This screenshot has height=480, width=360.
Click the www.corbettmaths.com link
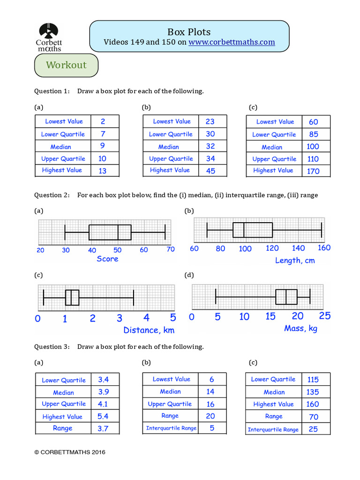pyautogui.click(x=232, y=42)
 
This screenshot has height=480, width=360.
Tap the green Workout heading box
pyautogui.click(x=66, y=65)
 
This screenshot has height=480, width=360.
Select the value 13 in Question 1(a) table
pyautogui.click(x=102, y=171)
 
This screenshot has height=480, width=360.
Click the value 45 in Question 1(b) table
pyautogui.click(x=210, y=171)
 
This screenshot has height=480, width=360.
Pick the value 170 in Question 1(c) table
pyautogui.click(x=313, y=171)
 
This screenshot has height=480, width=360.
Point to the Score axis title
pyautogui.click(x=107, y=259)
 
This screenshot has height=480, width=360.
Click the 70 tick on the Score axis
pyautogui.click(x=170, y=249)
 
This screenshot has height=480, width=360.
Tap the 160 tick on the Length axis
pyautogui.click(x=323, y=248)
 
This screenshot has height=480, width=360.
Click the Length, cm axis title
pyautogui.click(x=295, y=260)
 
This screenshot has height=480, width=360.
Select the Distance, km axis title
pyautogui.click(x=149, y=330)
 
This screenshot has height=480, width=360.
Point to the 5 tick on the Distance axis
pyautogui.click(x=172, y=318)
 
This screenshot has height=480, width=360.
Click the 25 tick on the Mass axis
pyautogui.click(x=324, y=316)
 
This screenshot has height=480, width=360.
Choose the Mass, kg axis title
pyautogui.click(x=300, y=329)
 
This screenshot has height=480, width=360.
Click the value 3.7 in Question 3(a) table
pyautogui.click(x=103, y=428)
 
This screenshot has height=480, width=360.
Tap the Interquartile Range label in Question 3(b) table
pyautogui.click(x=171, y=428)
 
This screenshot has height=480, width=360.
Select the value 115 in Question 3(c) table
pyautogui.click(x=313, y=379)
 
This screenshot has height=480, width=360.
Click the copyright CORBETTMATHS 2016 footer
pyautogui.click(x=70, y=452)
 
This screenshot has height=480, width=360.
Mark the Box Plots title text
pyautogui.click(x=189, y=32)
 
